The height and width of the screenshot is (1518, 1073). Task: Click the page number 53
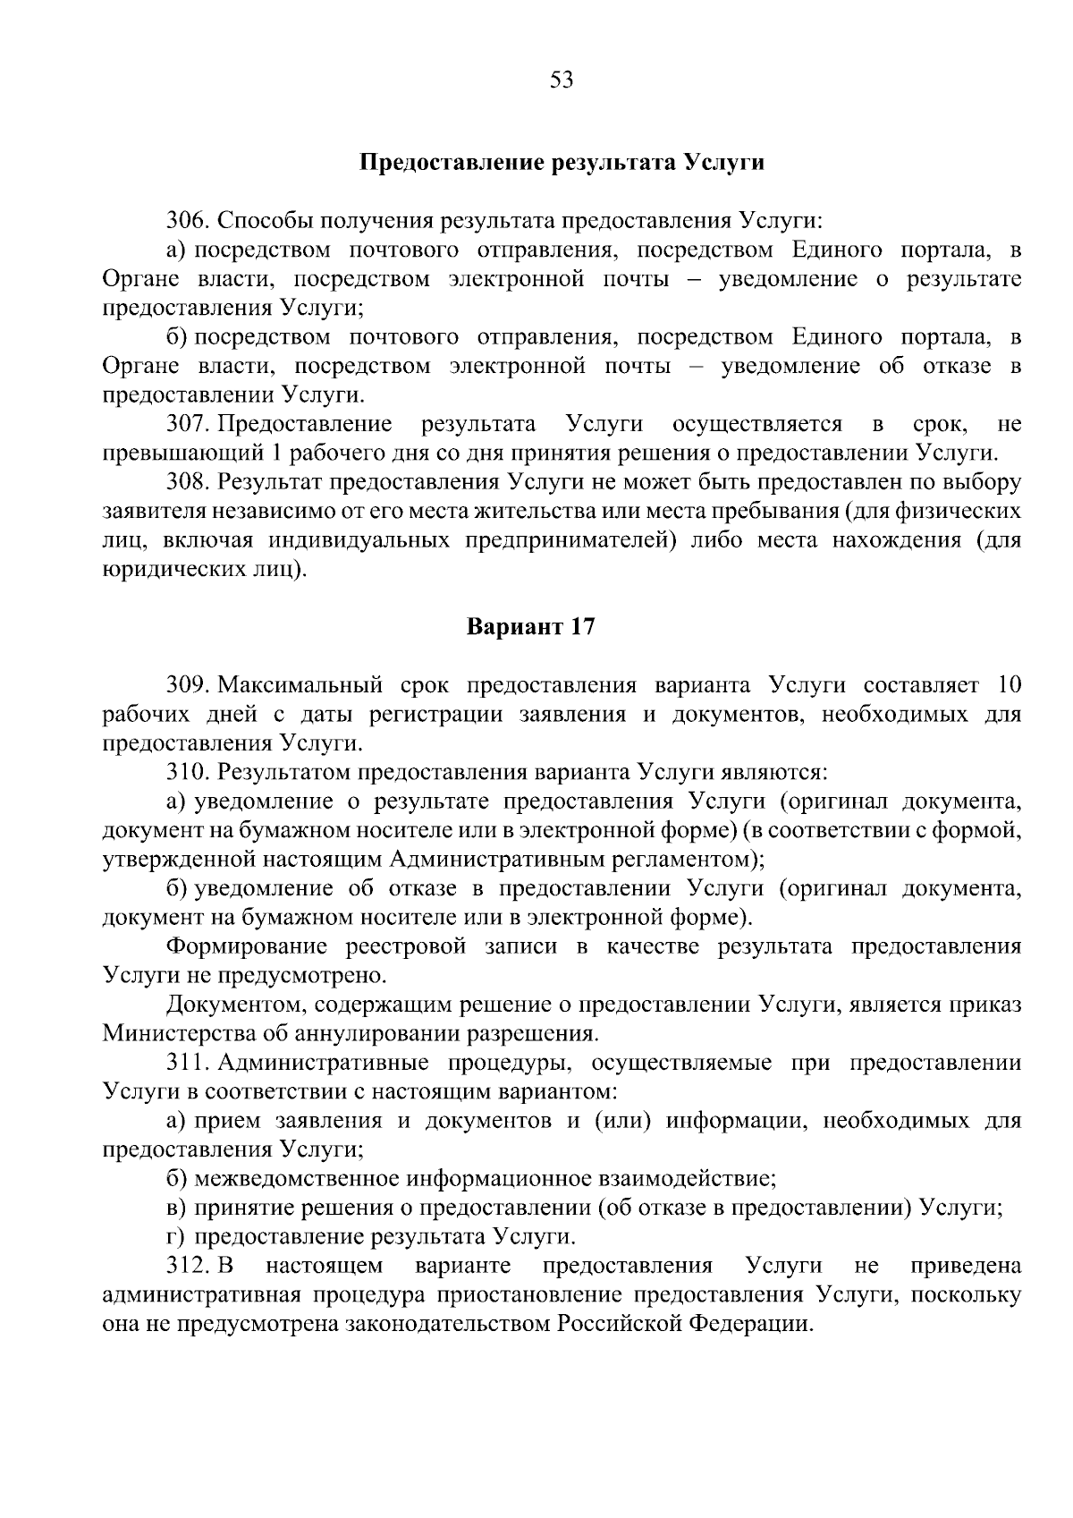(562, 80)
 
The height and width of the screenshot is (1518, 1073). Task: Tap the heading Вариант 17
(530, 626)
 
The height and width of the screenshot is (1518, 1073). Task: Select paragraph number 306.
(188, 221)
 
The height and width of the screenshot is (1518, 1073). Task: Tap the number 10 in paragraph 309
(1008, 685)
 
